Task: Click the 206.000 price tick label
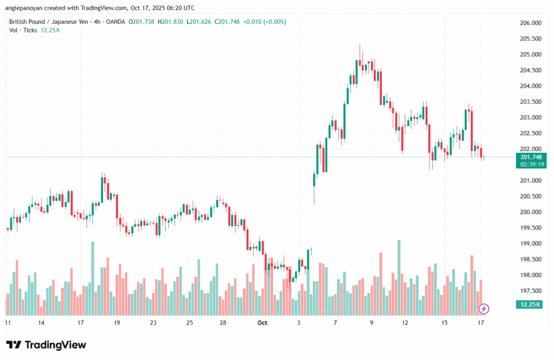[x=530, y=23]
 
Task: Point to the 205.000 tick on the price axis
[x=530, y=55]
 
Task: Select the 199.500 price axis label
[x=530, y=228]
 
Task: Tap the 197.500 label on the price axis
[x=530, y=291]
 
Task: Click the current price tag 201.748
[x=531, y=157]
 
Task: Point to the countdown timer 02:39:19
[x=531, y=164]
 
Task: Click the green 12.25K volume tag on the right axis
[x=531, y=305]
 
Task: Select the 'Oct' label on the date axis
[x=262, y=323]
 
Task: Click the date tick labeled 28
[x=222, y=323]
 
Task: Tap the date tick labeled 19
[x=116, y=323]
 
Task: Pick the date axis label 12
[x=405, y=323]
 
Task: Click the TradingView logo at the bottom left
[x=46, y=345]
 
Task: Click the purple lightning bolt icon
[x=484, y=309]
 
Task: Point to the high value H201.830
[x=167, y=22]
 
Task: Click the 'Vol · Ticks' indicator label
[x=23, y=30]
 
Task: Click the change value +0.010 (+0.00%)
[x=265, y=22]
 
